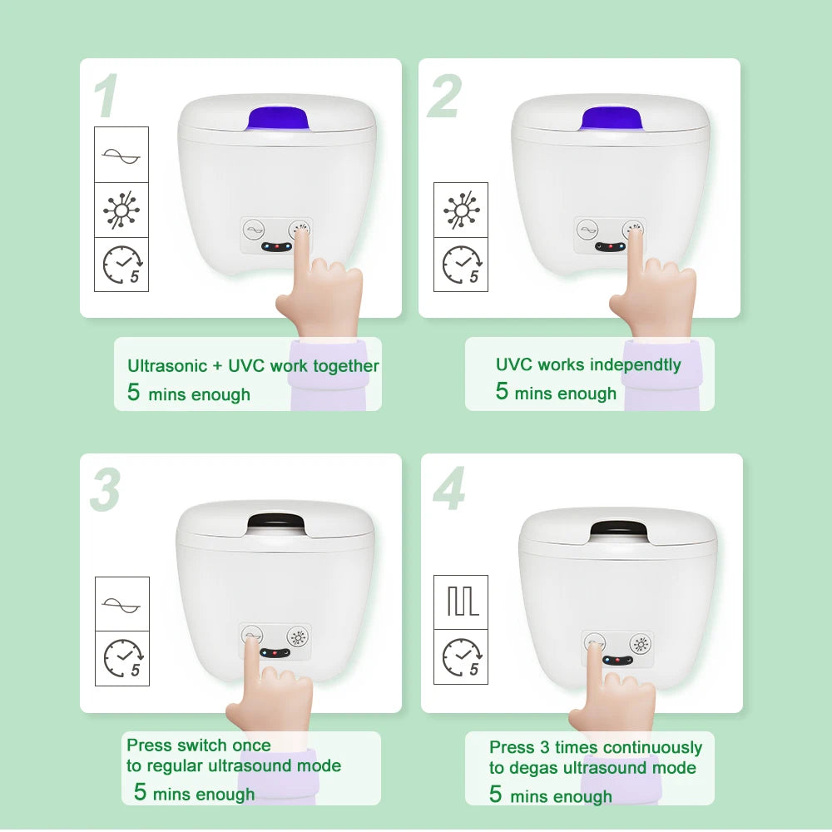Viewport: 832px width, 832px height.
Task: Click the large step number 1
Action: [106, 97]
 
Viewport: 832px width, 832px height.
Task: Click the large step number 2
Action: [444, 97]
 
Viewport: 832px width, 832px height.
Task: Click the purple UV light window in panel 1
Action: [278, 119]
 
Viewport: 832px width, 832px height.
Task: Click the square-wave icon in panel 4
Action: [461, 602]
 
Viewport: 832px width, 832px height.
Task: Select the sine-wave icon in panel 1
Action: [121, 156]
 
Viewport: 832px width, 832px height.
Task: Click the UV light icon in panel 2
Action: [461, 210]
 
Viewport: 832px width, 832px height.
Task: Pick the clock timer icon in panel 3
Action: [122, 658]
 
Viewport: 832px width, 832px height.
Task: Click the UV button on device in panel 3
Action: [298, 637]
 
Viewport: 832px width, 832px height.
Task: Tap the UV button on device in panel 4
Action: [640, 643]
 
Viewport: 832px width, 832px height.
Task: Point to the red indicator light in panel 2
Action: [610, 246]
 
